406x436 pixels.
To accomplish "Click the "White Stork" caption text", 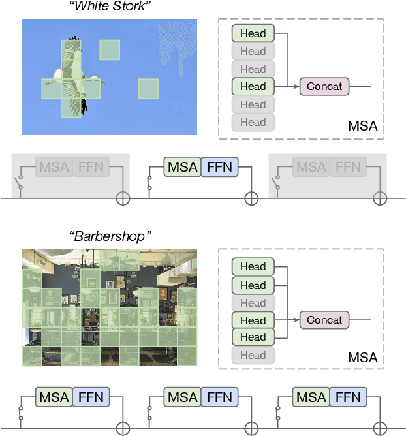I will [110, 7].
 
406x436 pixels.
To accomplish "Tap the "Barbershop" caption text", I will [110, 235].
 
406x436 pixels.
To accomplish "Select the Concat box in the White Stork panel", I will [324, 86].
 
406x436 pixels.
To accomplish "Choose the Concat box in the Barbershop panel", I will [324, 320].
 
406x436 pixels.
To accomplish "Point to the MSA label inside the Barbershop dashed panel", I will [362, 357].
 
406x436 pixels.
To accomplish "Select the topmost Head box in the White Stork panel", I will [253, 33].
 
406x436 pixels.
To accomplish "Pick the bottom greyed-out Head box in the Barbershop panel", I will [253, 355].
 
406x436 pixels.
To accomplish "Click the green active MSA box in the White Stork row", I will [182, 167].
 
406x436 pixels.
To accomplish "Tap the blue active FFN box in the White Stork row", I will [219, 167].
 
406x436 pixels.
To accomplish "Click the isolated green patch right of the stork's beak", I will [148, 89].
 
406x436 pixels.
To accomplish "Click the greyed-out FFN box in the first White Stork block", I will [91, 167].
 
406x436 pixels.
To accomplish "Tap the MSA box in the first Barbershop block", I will [54, 397].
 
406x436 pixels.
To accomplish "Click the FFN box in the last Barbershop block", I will [348, 397].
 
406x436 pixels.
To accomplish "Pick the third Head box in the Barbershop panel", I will [253, 303].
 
